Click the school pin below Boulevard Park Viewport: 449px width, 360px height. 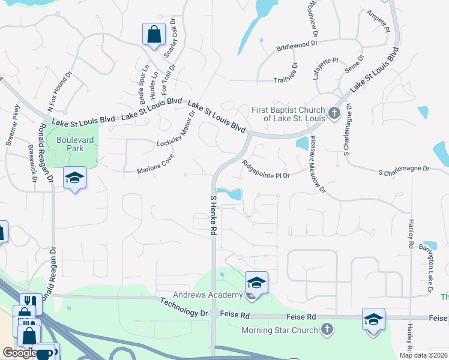pyautogui.click(x=75, y=178)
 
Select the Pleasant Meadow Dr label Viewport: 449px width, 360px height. pyautogui.click(x=318, y=164)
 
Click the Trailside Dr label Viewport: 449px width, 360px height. pyautogui.click(x=294, y=74)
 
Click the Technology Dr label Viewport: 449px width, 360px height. pyautogui.click(x=184, y=308)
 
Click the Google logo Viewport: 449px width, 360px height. pyautogui.click(x=19, y=353)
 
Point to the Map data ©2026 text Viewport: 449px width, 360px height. pyautogui.click(x=423, y=355)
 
